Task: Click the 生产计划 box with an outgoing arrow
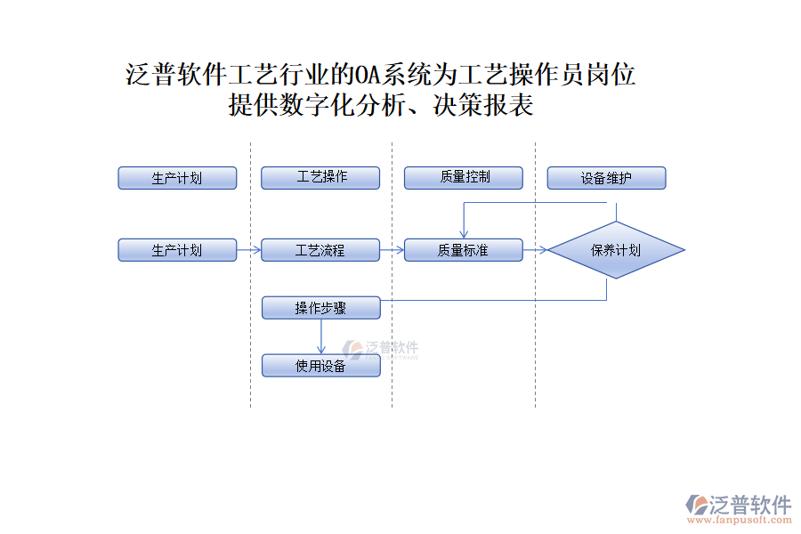coord(177,250)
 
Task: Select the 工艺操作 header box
coord(320,178)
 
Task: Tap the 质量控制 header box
coord(463,178)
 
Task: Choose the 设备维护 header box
coord(606,178)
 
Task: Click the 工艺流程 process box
coord(320,250)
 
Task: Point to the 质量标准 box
coord(463,250)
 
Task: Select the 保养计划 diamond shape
coord(616,250)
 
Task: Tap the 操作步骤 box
coord(320,308)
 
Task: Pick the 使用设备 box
coord(320,365)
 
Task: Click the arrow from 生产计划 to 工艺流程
coord(249,250)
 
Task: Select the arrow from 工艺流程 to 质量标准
coord(392,250)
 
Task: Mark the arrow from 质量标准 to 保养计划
coord(535,250)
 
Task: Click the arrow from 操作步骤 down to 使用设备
coord(321,336)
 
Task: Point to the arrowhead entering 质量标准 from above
coord(463,234)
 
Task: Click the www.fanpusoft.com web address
coord(740,521)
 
